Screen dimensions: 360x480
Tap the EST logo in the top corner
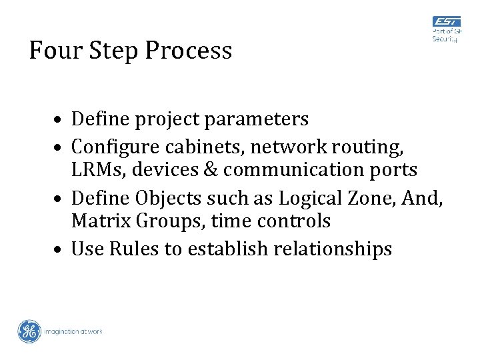(x=446, y=22)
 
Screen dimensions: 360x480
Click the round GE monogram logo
(x=29, y=331)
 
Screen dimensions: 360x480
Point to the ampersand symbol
(x=209, y=170)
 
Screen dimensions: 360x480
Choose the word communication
(x=293, y=170)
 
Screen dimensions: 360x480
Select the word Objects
(x=166, y=198)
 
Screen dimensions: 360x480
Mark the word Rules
(x=135, y=249)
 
